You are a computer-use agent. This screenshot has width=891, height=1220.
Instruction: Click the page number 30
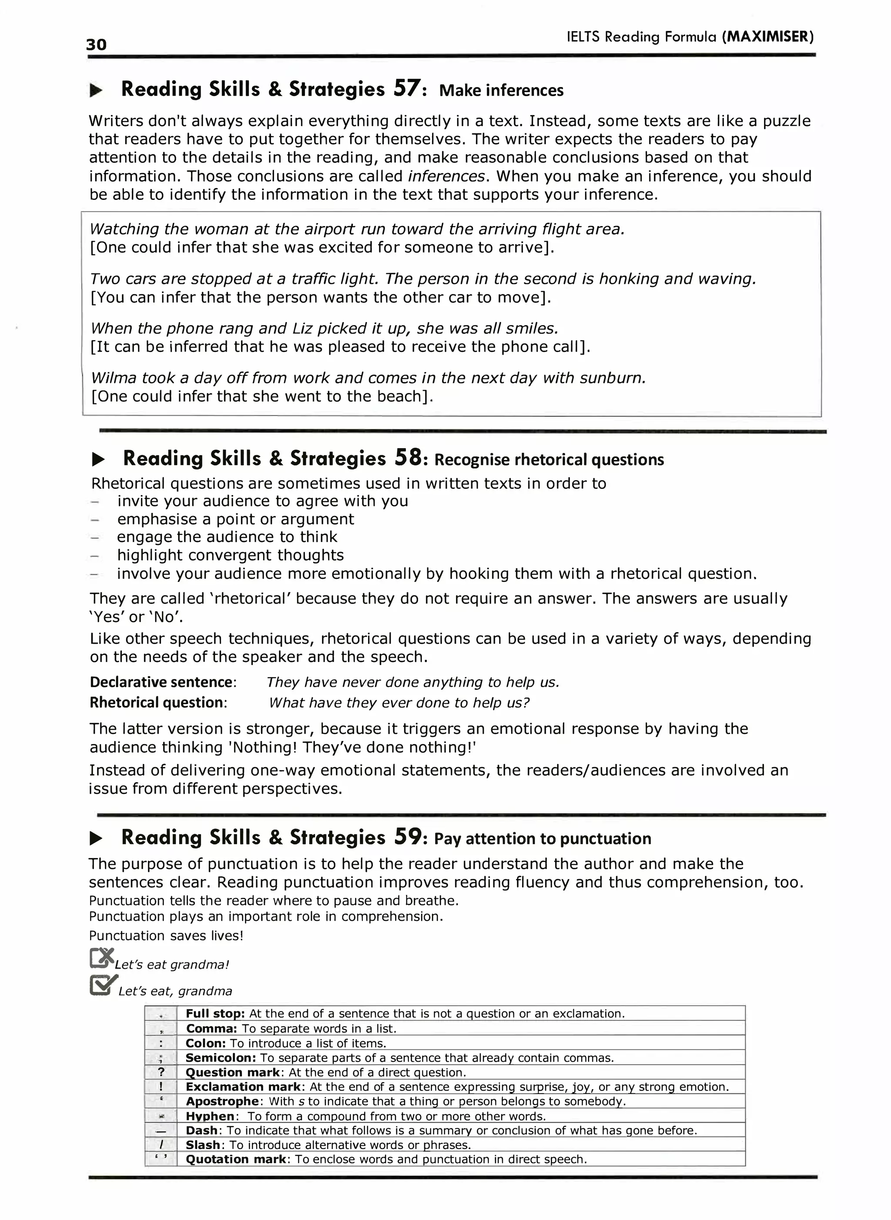96,44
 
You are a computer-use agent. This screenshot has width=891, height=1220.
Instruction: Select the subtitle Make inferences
501,90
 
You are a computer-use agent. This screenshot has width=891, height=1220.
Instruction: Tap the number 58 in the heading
408,458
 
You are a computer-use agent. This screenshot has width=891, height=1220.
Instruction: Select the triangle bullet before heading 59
97,838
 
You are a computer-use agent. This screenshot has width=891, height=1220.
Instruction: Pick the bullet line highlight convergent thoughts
230,555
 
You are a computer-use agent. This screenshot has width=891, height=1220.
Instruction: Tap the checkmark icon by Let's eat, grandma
103,984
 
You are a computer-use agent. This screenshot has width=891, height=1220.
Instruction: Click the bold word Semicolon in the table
220,1058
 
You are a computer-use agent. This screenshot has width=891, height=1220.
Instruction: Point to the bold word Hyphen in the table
210,1116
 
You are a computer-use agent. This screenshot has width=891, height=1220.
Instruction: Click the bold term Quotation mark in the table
235,1159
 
